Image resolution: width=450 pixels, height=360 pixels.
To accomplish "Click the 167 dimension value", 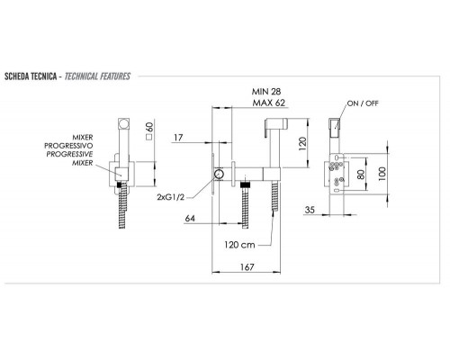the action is (247, 266).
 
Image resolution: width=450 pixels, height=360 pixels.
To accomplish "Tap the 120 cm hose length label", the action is (239, 245).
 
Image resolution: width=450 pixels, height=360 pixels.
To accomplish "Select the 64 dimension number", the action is (190, 219).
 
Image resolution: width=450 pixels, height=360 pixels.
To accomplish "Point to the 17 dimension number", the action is (178, 138).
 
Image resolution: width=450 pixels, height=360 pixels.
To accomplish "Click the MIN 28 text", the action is (266, 91).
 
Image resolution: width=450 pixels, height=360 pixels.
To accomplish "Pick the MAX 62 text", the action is (269, 103).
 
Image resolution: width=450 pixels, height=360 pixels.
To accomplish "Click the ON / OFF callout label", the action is (363, 103).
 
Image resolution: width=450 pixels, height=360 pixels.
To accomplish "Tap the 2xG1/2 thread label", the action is (170, 197).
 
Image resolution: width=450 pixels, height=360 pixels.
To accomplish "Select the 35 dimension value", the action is (310, 210).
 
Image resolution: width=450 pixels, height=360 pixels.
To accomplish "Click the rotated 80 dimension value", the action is (361, 175).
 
